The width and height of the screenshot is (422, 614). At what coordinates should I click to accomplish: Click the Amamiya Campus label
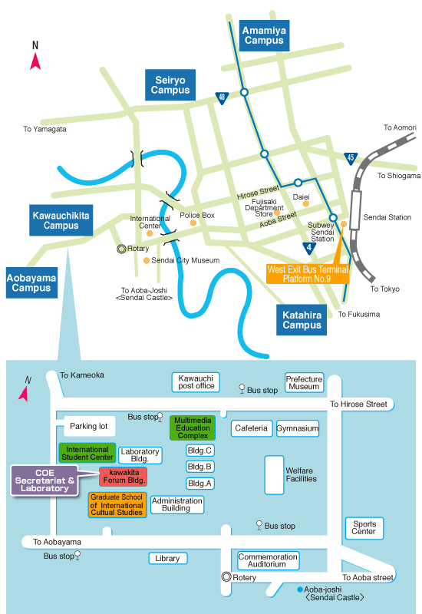(264, 35)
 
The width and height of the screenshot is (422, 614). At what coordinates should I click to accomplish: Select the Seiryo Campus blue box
(170, 85)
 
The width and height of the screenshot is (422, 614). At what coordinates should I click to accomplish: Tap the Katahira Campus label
(302, 320)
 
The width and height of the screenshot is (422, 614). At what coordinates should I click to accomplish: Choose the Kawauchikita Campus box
(61, 220)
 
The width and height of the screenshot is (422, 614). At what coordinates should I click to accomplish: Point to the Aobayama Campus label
(31, 282)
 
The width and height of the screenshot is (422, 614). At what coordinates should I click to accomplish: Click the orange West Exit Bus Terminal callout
(308, 274)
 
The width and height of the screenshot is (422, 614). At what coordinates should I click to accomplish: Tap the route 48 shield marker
(222, 97)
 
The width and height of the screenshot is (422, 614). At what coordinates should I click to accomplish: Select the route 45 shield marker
(351, 158)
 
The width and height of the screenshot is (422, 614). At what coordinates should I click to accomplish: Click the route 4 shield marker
(309, 248)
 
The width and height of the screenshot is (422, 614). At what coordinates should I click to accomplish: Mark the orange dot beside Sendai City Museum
(147, 260)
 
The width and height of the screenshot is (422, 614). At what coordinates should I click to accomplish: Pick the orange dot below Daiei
(305, 203)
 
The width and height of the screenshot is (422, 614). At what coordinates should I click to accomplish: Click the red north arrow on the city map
(35, 61)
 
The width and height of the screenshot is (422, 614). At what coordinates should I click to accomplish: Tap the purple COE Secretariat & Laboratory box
(45, 480)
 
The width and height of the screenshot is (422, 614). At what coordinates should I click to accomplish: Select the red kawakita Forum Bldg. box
(124, 476)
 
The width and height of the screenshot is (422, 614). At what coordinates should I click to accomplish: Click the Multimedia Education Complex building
(193, 427)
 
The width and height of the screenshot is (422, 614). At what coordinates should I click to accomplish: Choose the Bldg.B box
(199, 467)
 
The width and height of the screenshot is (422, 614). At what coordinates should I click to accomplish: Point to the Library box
(168, 559)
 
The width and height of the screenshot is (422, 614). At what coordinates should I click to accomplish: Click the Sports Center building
(364, 528)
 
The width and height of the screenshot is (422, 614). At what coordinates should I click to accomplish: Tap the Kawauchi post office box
(196, 382)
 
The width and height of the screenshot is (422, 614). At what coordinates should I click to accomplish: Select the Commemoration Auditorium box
(268, 560)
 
